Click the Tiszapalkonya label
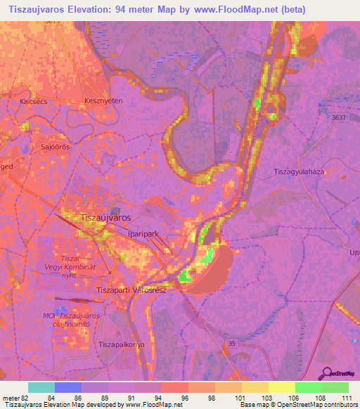(121, 344)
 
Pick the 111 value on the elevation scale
(345, 398)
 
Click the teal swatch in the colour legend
(41, 387)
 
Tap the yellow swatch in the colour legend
(281, 387)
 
